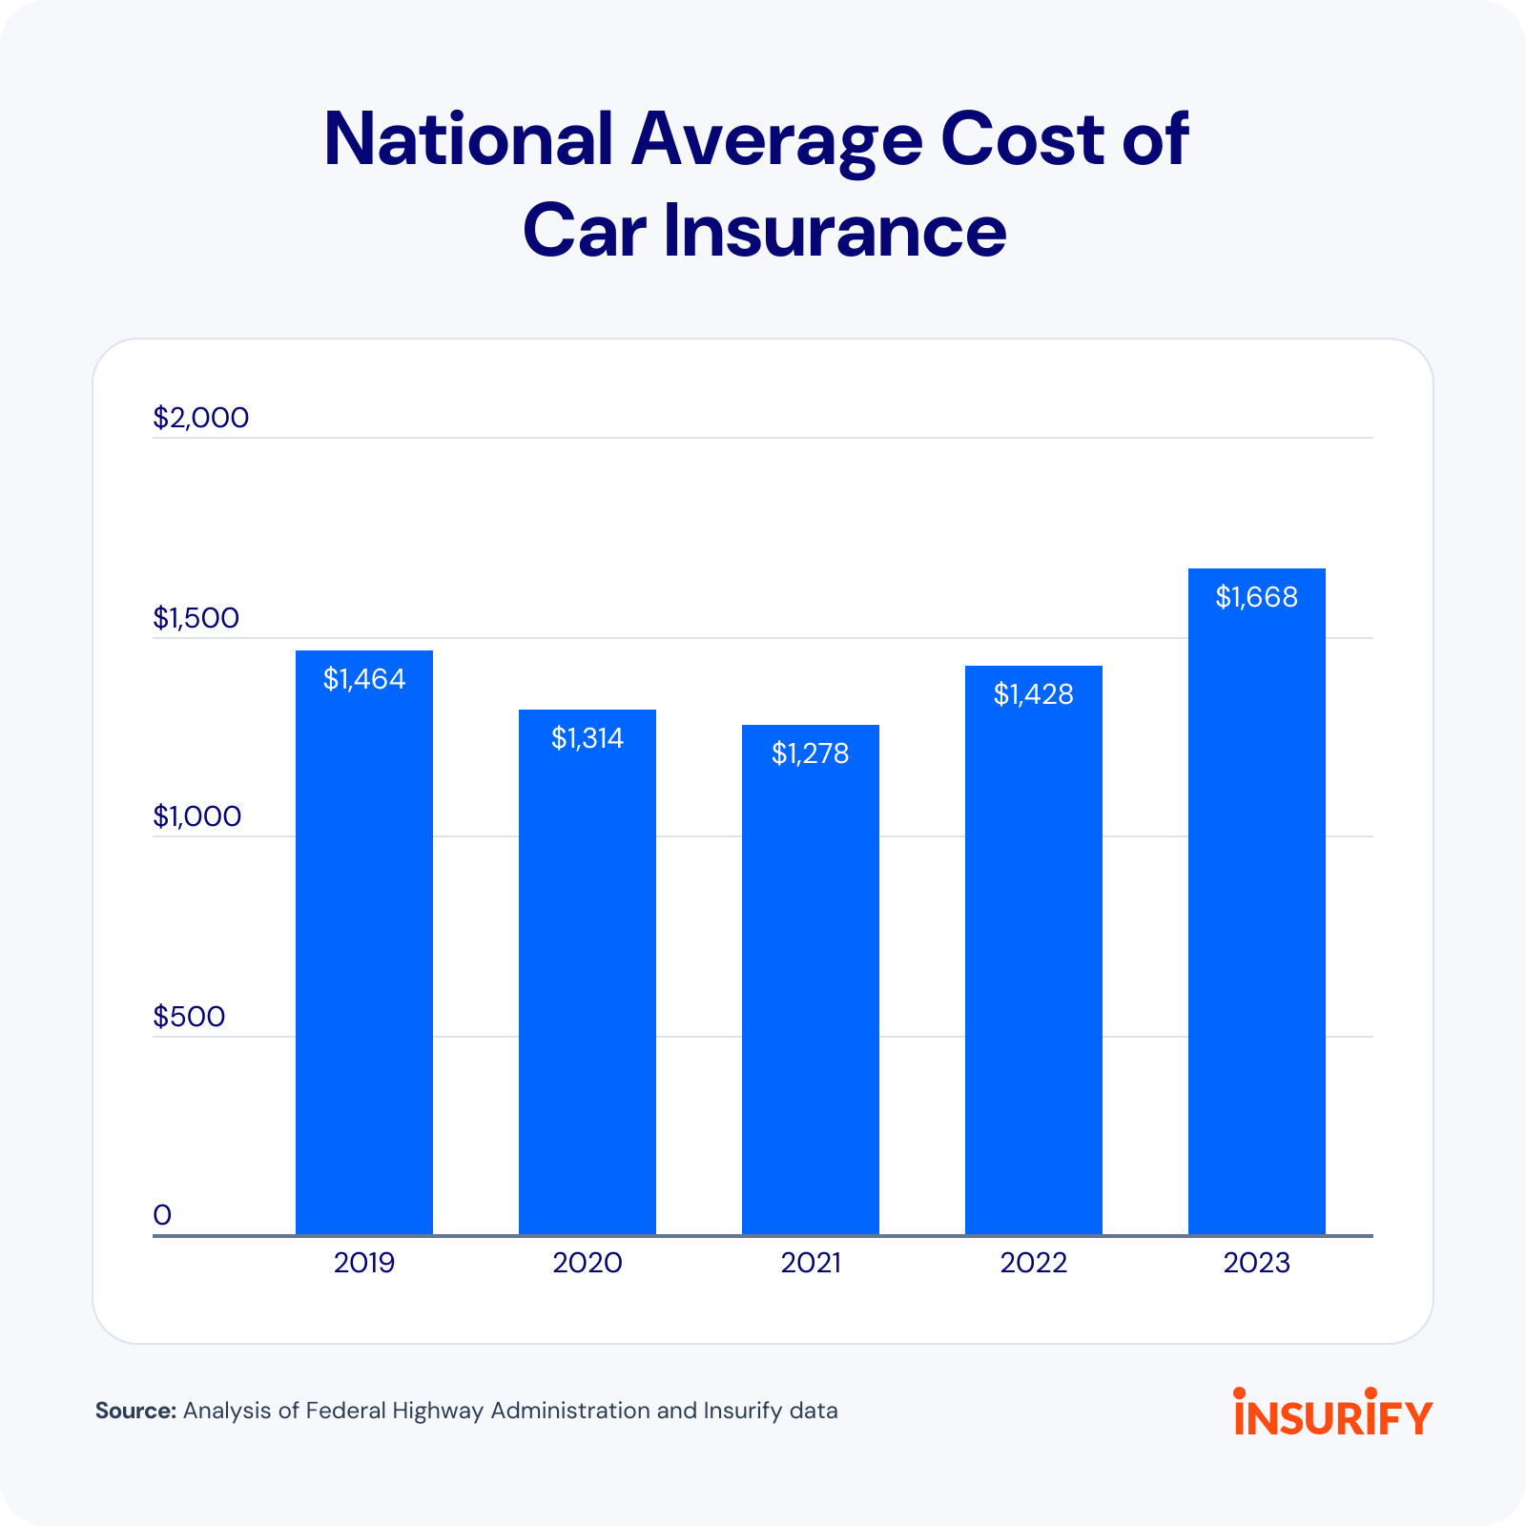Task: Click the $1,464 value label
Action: coord(363,679)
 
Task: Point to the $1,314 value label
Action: coord(587,738)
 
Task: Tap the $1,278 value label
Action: coord(810,754)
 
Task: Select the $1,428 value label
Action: coord(1033,694)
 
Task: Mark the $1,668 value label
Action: coord(1256,597)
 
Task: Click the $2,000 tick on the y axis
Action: coord(200,418)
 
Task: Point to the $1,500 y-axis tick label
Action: coord(196,618)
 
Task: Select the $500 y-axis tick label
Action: coord(189,1017)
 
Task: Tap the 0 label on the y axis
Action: coord(162,1215)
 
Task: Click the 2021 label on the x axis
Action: coord(810,1263)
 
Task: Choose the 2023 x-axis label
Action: coord(1256,1263)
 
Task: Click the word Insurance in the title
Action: coord(835,231)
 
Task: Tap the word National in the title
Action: coord(467,139)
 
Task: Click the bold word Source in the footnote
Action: coord(135,1411)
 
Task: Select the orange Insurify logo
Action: coord(1332,1413)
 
